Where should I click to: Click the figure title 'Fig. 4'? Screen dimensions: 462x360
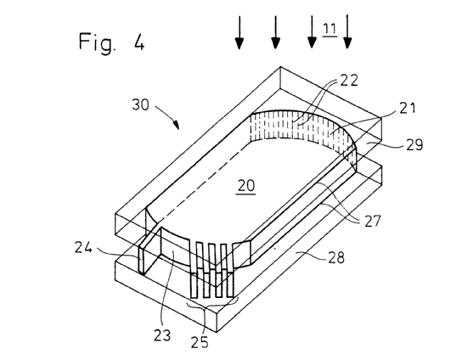click(111, 42)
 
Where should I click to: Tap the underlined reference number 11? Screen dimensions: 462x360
click(330, 29)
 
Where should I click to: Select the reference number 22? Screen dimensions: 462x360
click(349, 80)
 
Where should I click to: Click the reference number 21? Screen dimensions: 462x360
click(408, 108)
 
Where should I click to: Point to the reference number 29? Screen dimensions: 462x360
click(414, 144)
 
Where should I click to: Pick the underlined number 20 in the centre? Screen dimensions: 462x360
click(246, 186)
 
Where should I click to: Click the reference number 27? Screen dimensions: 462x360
click(373, 221)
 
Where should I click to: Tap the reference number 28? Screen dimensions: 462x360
click(336, 257)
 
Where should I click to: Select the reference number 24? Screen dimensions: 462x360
click(83, 247)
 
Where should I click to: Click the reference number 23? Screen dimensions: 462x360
click(162, 335)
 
